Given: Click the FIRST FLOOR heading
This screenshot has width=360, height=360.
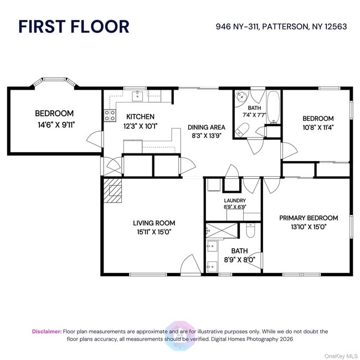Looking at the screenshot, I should (x=74, y=26).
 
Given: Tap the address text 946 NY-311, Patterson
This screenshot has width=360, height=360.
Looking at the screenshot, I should (x=281, y=26).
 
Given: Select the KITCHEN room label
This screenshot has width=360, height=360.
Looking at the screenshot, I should (x=140, y=117).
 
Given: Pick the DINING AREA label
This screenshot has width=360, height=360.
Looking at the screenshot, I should (x=205, y=126).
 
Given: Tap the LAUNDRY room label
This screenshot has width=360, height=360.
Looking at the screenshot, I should (x=235, y=200).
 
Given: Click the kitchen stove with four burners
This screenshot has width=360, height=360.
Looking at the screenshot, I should (x=110, y=115).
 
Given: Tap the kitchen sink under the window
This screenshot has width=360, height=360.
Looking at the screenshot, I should (x=137, y=96).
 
